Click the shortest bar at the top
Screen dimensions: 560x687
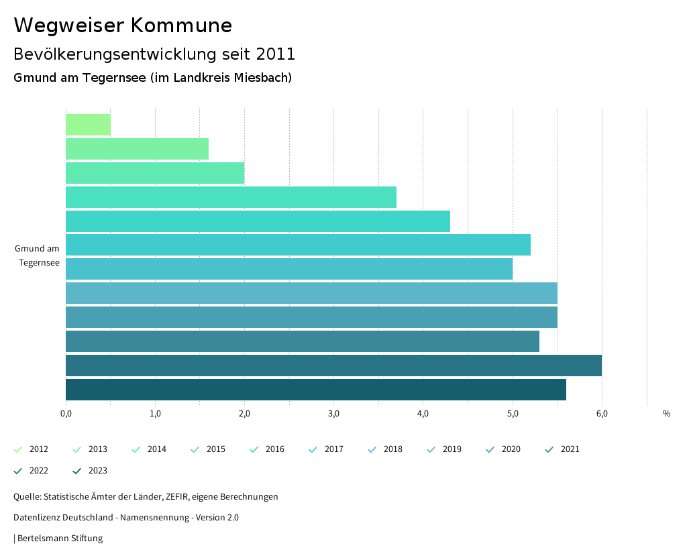[88, 125]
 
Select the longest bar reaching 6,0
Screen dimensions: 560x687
[333, 366]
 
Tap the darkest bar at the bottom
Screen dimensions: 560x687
[315, 390]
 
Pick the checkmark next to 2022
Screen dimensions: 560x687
[18, 471]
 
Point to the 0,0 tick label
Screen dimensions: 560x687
[66, 414]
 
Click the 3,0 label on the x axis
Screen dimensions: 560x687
[333, 414]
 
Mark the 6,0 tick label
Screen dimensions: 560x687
[602, 414]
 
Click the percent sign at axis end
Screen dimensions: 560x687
[666, 414]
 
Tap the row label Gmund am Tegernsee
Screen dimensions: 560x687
[38, 256]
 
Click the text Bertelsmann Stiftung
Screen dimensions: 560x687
[60, 538]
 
